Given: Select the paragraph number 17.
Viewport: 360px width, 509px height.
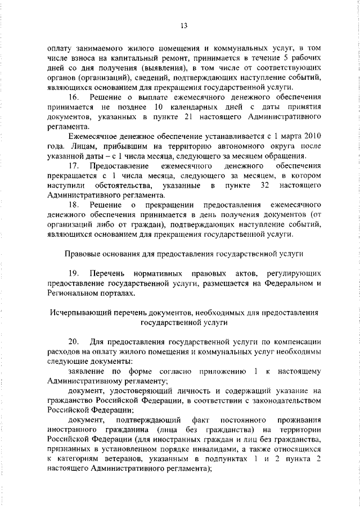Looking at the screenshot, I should point(73,166).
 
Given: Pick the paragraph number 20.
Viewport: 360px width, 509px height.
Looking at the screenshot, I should point(73,341).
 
